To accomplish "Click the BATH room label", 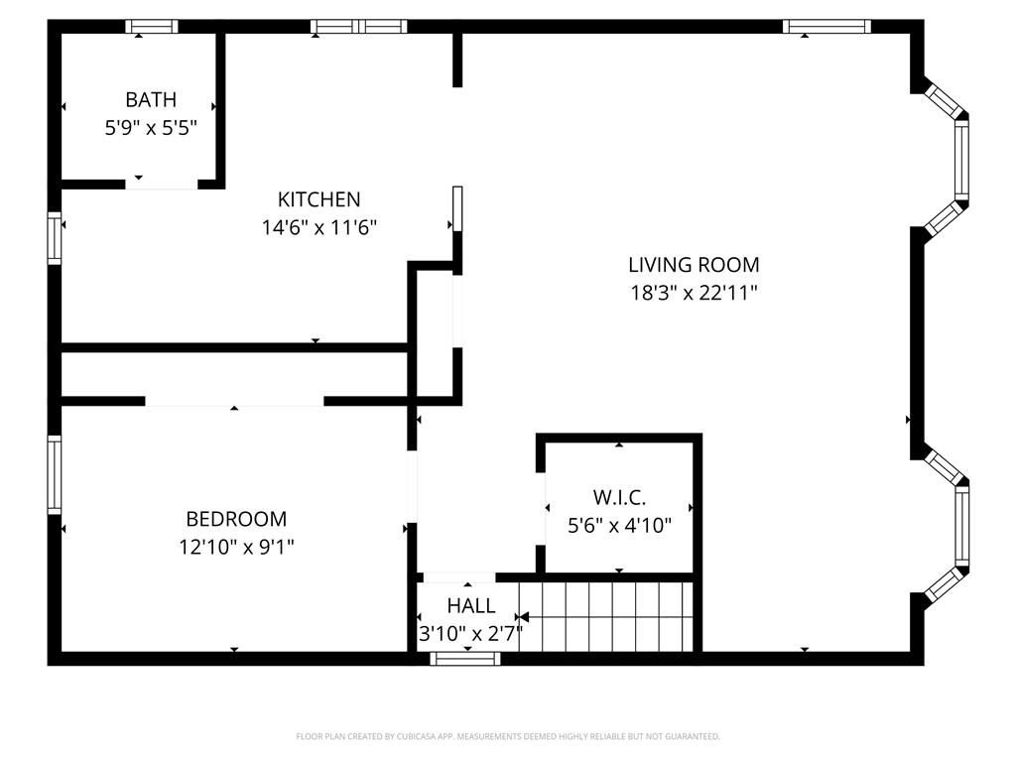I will click(x=151, y=99).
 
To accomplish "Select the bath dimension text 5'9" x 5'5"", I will click(x=151, y=127).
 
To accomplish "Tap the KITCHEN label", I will click(x=318, y=199).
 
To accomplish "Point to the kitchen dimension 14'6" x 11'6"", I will click(x=318, y=227).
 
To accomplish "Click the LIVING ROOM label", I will click(x=694, y=265).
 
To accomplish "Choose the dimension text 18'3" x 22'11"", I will click(x=694, y=293).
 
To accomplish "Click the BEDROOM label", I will click(x=236, y=519).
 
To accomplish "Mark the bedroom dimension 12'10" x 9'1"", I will click(x=236, y=547).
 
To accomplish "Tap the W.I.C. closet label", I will click(x=619, y=497).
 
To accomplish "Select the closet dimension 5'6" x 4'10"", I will click(x=619, y=525).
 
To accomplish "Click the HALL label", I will click(x=470, y=606).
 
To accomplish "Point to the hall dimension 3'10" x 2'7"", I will click(x=470, y=632).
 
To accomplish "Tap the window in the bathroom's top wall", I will click(x=152, y=27).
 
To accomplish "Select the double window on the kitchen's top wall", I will click(x=358, y=27).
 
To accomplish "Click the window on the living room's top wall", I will click(x=826, y=27).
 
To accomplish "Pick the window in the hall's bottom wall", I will click(x=465, y=658).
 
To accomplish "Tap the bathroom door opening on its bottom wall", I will click(x=161, y=184).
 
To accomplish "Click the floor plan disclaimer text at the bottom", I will click(x=508, y=736).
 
